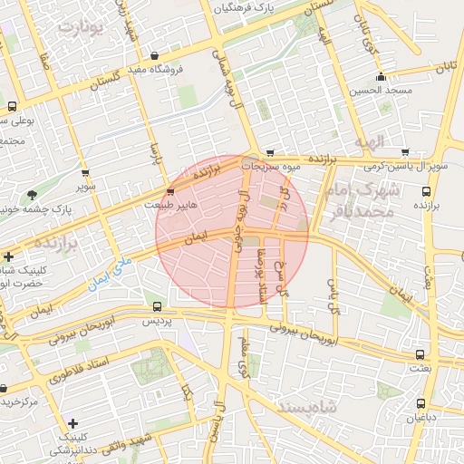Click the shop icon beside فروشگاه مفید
pos(154,54)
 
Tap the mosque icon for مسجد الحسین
pos(383,77)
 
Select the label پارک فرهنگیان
pos(243,7)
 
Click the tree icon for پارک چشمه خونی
pos(33,195)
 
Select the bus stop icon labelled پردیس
pos(158,306)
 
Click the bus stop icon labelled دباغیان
pos(420,403)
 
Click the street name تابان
pos(445,67)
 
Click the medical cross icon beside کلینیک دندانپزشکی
pos(72,423)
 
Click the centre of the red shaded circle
pos(233,233)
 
